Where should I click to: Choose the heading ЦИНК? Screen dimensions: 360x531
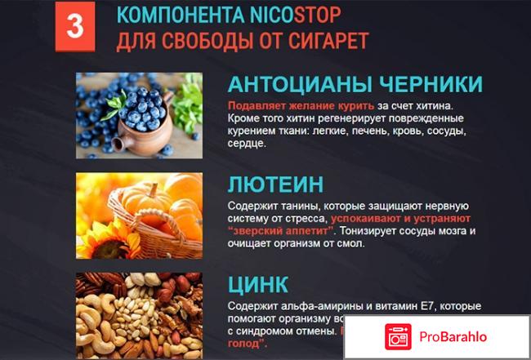pos(258,285)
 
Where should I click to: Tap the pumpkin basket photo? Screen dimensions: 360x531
pos(140,213)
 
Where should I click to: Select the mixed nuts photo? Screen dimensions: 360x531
pos(140,314)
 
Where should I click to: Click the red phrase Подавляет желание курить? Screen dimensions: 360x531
pos(290,106)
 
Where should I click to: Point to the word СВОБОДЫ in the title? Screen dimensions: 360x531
pos(211,41)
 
